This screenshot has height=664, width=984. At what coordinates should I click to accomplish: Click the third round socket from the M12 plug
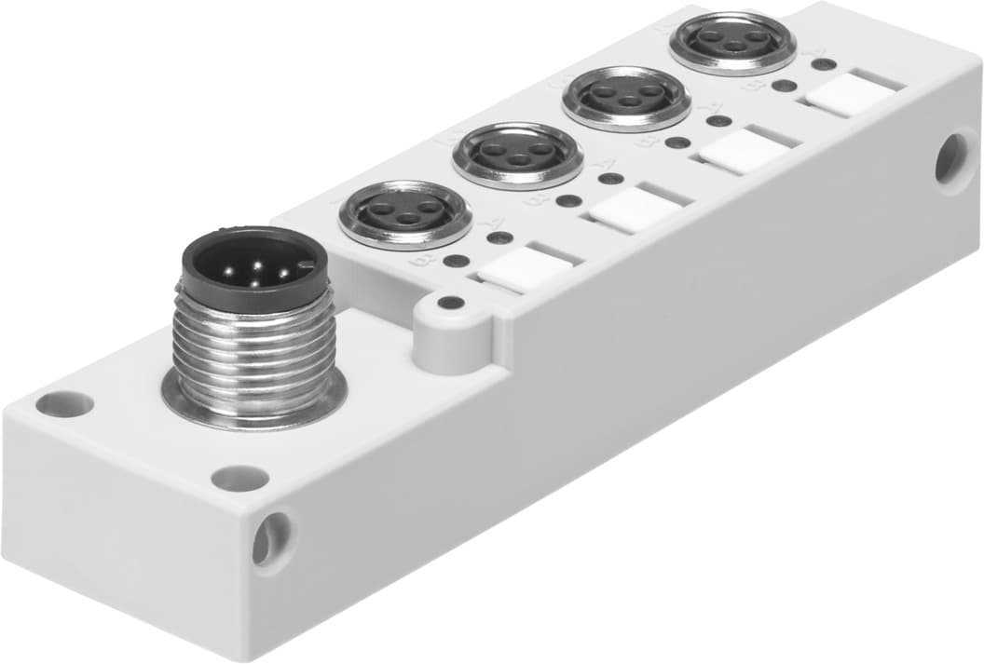pyautogui.click(x=627, y=97)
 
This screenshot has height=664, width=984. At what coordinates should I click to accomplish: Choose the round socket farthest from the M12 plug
pyautogui.click(x=733, y=41)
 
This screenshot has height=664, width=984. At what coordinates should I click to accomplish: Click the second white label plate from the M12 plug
pyautogui.click(x=634, y=210)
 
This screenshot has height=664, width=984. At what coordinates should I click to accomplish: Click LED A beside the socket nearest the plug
pyautogui.click(x=500, y=237)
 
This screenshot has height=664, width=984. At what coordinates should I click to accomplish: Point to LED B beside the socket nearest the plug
pyautogui.click(x=456, y=261)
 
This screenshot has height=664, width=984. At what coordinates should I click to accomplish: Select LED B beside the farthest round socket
pyautogui.click(x=785, y=86)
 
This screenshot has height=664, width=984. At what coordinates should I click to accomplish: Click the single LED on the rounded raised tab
pyautogui.click(x=451, y=303)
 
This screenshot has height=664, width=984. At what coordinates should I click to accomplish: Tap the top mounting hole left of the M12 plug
pyautogui.click(x=64, y=404)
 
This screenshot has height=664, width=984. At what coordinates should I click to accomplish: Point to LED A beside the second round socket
pyautogui.click(x=610, y=178)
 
